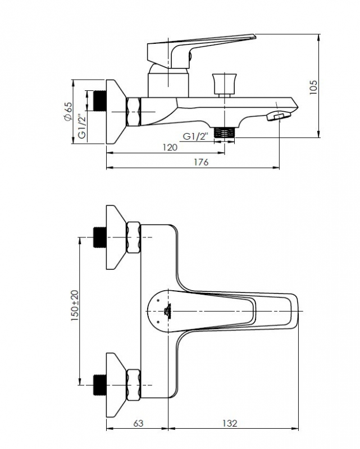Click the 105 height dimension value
click(313, 87)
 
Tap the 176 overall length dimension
click(201, 162)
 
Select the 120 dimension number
click(170, 148)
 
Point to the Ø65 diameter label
click(68, 111)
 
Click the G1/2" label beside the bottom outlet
click(195, 136)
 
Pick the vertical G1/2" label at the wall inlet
click(82, 126)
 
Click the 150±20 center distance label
click(75, 305)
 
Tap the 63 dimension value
click(138, 423)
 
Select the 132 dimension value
click(230, 423)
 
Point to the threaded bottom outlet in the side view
click(225, 132)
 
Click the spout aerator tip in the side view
click(279, 116)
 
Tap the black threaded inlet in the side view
click(100, 100)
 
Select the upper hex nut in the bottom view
click(134, 237)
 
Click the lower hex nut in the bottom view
click(134, 385)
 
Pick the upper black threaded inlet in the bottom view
click(100, 237)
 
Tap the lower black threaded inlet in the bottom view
click(100, 385)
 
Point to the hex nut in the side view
click(134, 111)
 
